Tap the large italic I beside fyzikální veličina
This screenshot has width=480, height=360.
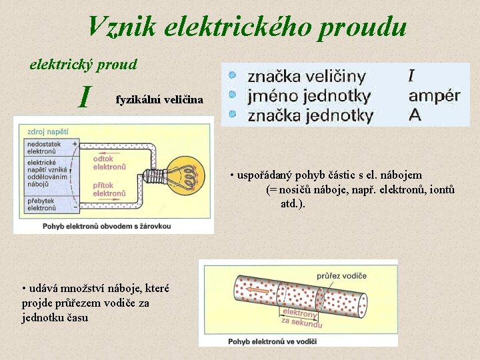(84, 97)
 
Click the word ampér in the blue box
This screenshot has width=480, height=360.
(434, 95)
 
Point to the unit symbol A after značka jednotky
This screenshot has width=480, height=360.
(415, 115)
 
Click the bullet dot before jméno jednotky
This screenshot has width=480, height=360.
(231, 95)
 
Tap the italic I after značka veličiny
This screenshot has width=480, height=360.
(413, 75)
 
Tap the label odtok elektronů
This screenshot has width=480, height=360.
(108, 163)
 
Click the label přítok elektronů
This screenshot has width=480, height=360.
(108, 189)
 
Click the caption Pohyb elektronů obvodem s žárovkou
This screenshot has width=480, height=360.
(107, 226)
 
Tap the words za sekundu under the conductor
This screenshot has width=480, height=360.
(301, 323)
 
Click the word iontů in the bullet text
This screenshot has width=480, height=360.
(441, 190)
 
